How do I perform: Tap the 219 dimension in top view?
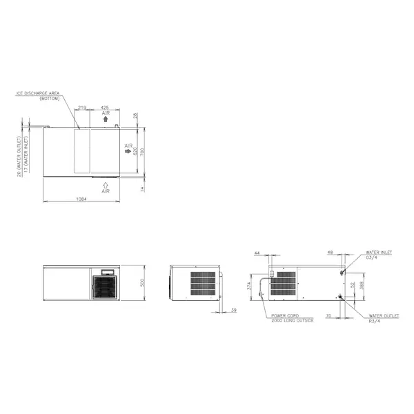(x=82, y=108)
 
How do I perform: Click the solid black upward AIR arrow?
(x=105, y=119)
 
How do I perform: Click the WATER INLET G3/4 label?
(x=379, y=255)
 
